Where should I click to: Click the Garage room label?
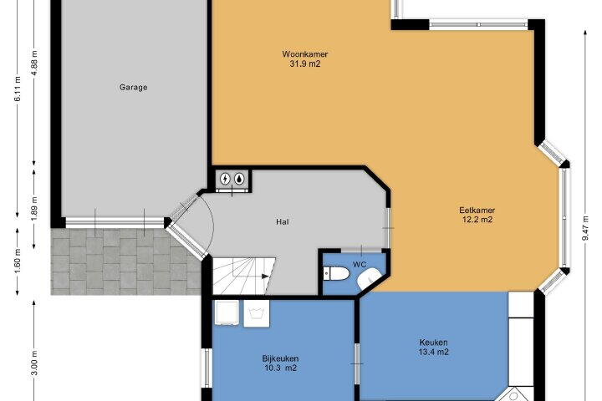point(133,87)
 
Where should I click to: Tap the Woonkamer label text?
point(305,54)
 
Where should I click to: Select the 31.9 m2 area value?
point(305,64)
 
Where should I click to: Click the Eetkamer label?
point(477,210)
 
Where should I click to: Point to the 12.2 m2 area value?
point(477,220)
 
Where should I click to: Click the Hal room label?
point(283,221)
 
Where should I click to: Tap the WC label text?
point(360,264)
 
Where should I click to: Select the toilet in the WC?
point(336,274)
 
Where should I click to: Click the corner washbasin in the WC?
point(368,278)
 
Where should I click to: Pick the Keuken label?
point(433,342)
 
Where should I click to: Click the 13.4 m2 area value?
point(433,352)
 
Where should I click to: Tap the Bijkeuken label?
point(280,358)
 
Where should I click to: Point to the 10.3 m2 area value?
point(280,368)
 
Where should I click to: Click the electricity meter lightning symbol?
point(225,179)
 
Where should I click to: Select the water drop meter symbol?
point(239,179)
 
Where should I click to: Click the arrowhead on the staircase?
point(265,276)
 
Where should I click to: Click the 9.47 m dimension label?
point(585,228)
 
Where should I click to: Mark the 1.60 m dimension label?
point(18,261)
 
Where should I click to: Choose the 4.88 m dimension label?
point(34,63)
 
